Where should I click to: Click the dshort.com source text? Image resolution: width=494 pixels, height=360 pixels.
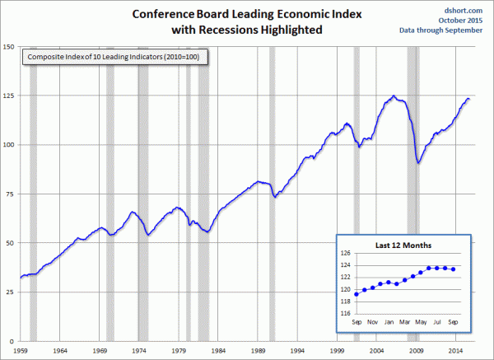[466, 7]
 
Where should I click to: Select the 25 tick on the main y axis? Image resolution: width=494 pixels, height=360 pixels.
[12, 292]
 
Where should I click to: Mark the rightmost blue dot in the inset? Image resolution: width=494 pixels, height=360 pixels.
[454, 269]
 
